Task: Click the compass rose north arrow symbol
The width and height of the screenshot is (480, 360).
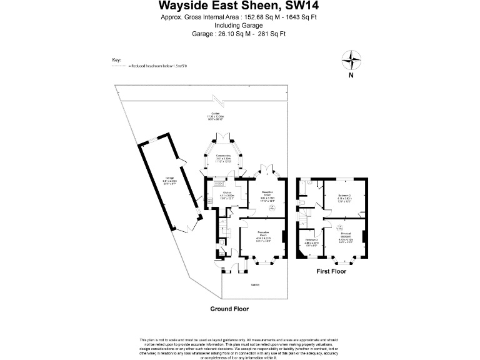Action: [352, 61]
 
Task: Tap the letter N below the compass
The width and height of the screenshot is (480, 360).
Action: [352, 76]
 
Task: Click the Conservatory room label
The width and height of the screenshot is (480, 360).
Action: [223, 156]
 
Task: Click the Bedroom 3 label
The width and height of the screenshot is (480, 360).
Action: [312, 240]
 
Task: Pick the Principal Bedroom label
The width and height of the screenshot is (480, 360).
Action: [346, 234]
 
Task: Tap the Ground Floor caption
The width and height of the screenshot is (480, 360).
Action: [229, 309]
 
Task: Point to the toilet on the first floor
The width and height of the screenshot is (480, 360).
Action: [302, 203]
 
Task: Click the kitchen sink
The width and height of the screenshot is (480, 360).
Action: [219, 183]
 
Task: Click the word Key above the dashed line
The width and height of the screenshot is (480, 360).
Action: [116, 60]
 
